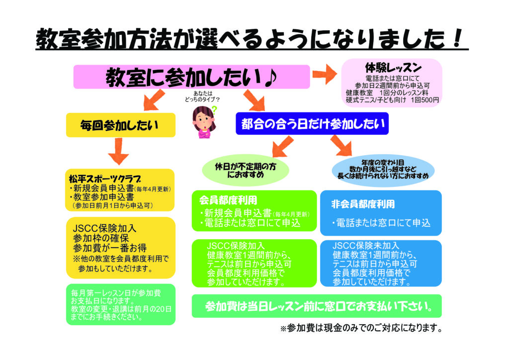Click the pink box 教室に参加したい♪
(x=191, y=77)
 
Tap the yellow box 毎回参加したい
(x=121, y=125)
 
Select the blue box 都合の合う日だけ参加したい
(x=312, y=124)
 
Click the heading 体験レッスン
(x=393, y=68)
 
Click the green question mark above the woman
(x=214, y=109)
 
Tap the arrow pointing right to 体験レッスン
(x=325, y=74)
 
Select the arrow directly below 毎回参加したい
(x=118, y=151)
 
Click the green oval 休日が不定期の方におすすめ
(x=246, y=170)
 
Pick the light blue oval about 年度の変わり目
(x=383, y=170)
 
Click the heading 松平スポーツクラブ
(x=105, y=179)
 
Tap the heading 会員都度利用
(x=228, y=200)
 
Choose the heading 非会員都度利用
(x=363, y=204)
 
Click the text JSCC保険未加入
(x=365, y=246)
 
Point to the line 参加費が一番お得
(x=110, y=248)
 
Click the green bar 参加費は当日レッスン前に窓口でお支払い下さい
(x=317, y=306)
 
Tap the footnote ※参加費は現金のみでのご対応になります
(x=361, y=328)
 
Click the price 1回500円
(x=424, y=100)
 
